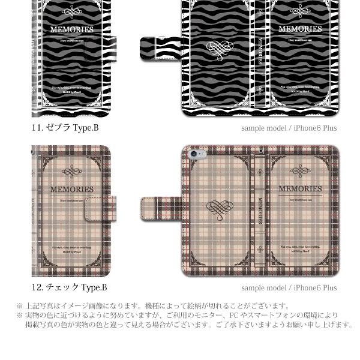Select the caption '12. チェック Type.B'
(x=70, y=287)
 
